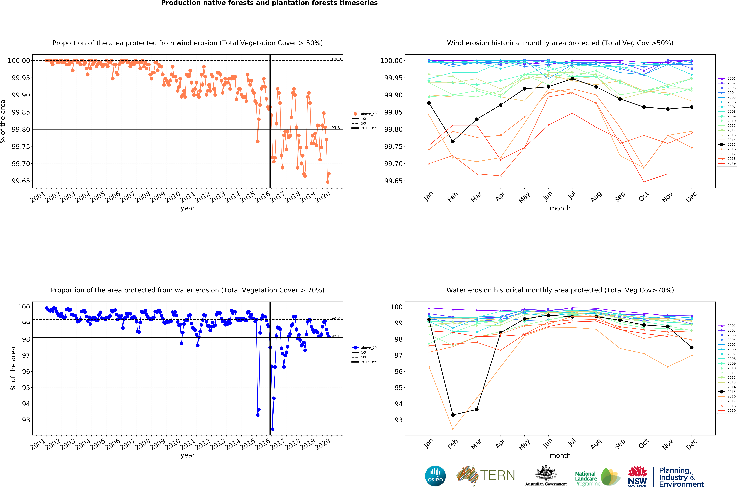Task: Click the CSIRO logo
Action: point(435,476)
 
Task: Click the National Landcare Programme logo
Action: point(597,477)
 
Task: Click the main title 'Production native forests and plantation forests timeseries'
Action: point(269,3)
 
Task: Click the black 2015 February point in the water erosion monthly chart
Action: point(453,415)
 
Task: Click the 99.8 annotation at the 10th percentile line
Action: point(335,128)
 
